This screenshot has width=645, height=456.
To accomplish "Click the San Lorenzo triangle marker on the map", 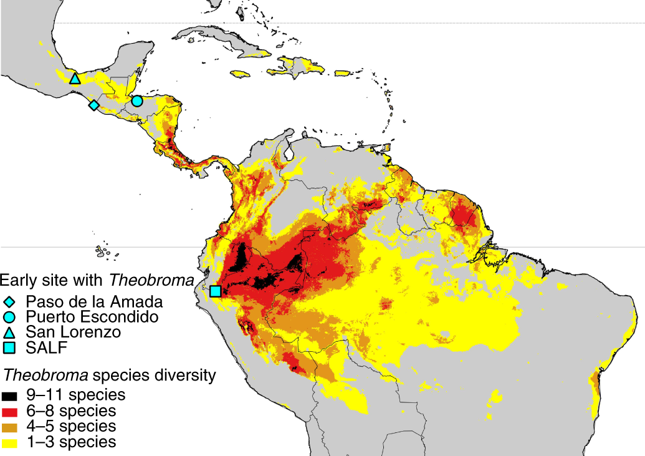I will coord(75,79).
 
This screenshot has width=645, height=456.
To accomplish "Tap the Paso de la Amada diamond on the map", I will coord(93,105).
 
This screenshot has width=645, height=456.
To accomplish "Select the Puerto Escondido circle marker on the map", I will coord(137,100).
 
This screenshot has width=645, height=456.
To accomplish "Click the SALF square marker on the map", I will coord(215,291).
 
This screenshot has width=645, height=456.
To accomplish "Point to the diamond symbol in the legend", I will coord(9,301).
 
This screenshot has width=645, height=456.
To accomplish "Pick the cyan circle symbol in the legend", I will coord(9,317).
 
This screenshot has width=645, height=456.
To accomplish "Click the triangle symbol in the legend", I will coord(9,332).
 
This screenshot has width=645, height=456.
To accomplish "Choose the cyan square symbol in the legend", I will coord(9,347).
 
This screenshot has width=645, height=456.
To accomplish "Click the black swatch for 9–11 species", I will coord(10,395).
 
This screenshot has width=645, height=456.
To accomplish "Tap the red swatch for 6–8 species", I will coord(10,411).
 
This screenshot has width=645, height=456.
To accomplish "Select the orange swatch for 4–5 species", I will coord(10,427).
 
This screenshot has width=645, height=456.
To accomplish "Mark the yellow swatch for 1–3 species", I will coord(10,442).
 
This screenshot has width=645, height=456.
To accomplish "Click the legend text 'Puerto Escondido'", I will coord(92,317).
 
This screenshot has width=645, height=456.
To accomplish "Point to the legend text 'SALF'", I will coord(45,347).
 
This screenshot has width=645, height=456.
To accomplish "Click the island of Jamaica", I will coord(244,75).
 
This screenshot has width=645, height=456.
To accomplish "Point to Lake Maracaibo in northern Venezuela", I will coord(289,150).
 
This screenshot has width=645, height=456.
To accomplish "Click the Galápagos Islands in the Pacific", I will coord(103,252).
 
